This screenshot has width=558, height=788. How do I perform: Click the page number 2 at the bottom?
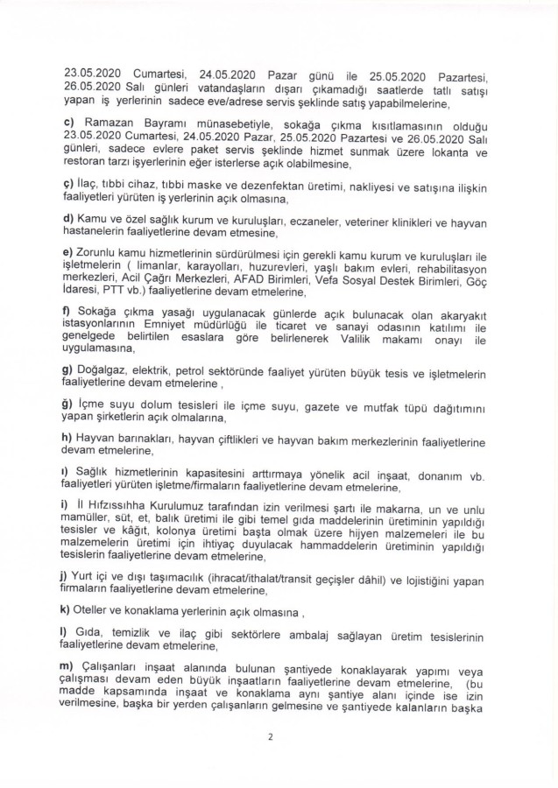(272, 736)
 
